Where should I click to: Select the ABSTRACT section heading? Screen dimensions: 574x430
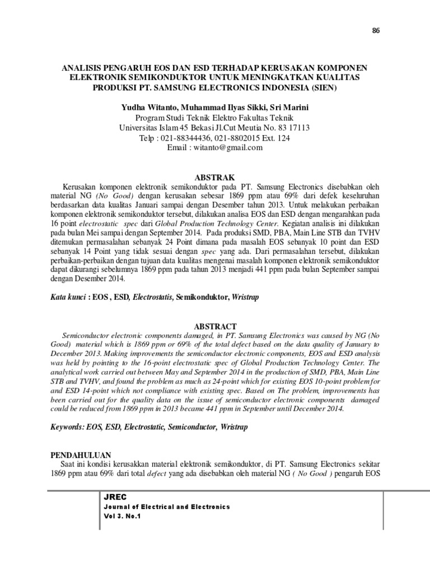[x=215, y=326]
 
